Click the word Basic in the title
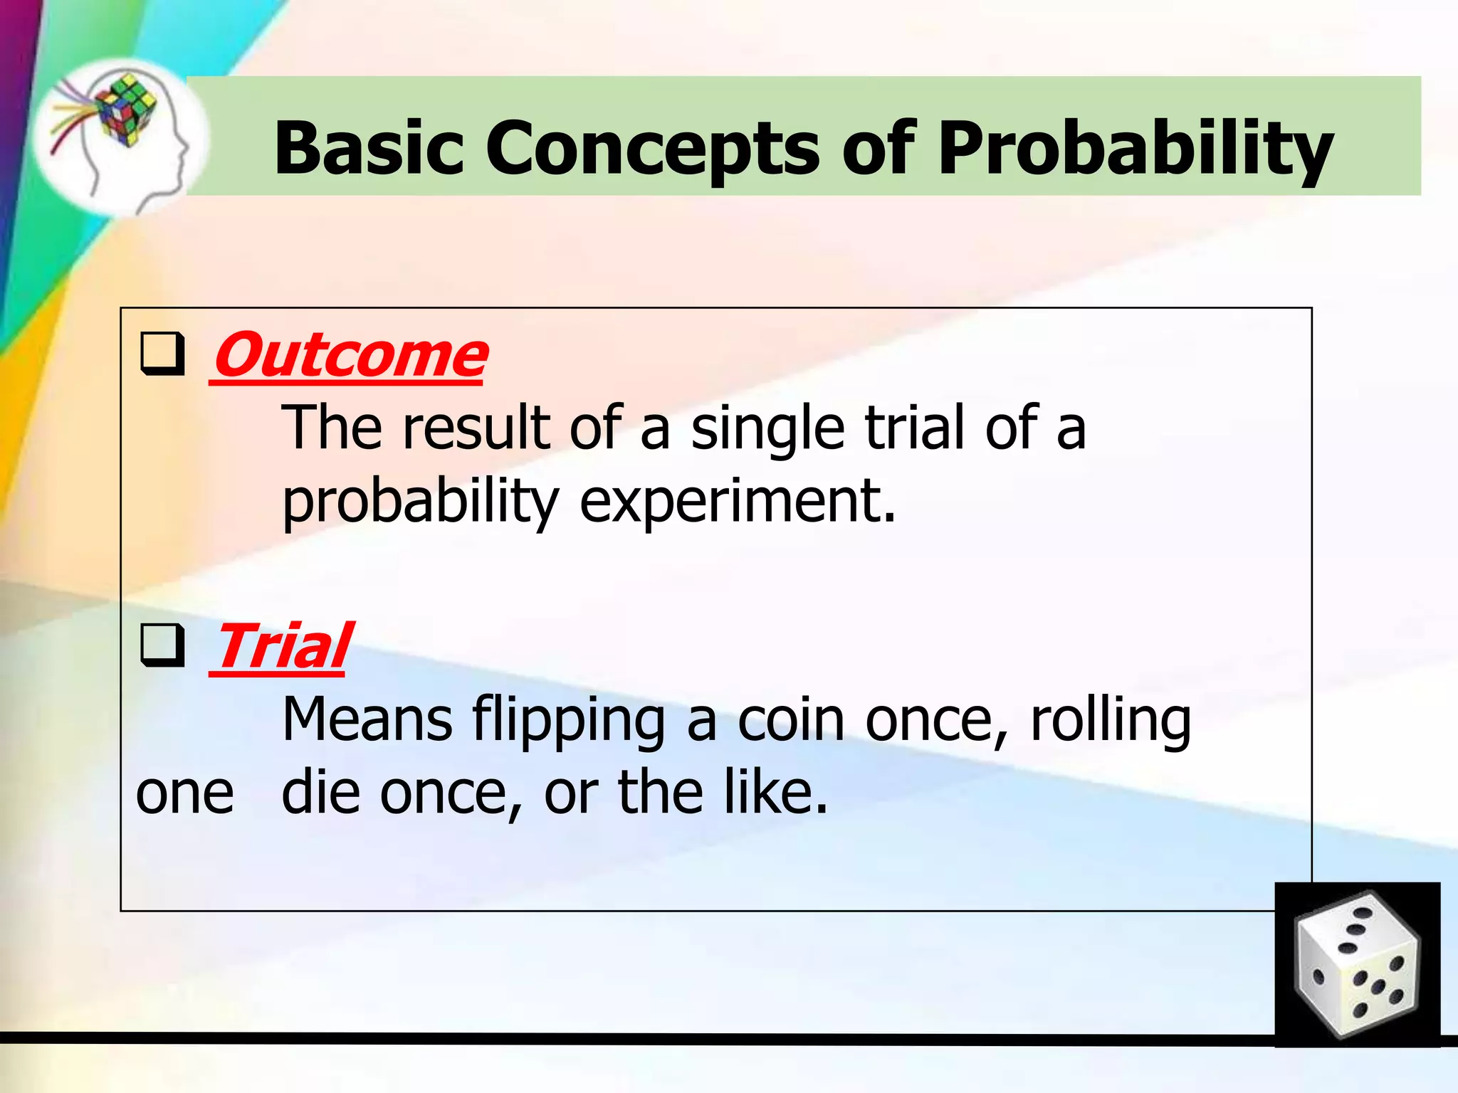[x=369, y=148]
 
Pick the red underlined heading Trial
[x=281, y=645]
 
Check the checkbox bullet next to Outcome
[x=162, y=354]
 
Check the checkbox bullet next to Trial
[x=162, y=645]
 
